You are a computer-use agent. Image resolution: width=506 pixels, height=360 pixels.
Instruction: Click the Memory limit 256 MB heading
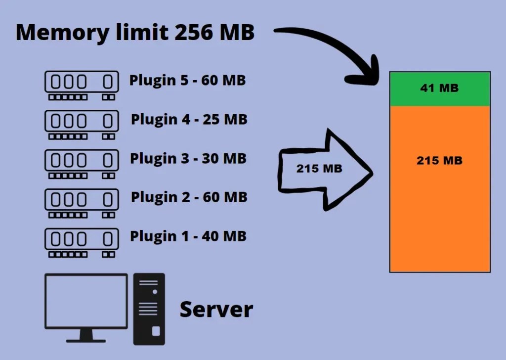[x=135, y=33]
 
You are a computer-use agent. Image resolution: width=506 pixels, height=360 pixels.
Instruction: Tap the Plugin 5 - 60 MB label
[x=188, y=80]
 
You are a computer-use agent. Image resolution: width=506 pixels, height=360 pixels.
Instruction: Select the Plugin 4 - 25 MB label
[x=189, y=119]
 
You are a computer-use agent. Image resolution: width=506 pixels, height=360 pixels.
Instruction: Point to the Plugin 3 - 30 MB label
[x=188, y=158]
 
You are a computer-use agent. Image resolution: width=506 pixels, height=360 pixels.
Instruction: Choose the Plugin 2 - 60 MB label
[x=189, y=197]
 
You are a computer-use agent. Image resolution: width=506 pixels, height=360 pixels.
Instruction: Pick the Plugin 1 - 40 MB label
[x=188, y=236]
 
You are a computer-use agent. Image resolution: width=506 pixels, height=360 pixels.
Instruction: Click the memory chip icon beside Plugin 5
[x=82, y=85]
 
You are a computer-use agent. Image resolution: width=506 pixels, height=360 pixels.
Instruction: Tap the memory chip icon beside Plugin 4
[x=82, y=124]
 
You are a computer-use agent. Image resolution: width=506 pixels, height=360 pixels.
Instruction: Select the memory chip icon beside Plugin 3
[x=82, y=163]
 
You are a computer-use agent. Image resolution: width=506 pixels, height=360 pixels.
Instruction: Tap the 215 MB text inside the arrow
[x=319, y=169]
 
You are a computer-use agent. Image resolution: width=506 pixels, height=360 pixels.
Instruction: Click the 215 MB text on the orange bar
[x=439, y=161]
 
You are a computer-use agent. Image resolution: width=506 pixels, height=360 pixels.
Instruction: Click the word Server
[x=216, y=310]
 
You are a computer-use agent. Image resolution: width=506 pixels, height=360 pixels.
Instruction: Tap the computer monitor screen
[x=86, y=299]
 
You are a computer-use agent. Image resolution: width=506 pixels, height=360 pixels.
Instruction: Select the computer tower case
[x=149, y=309]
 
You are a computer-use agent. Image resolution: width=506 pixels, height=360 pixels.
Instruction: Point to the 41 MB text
[x=439, y=89]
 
